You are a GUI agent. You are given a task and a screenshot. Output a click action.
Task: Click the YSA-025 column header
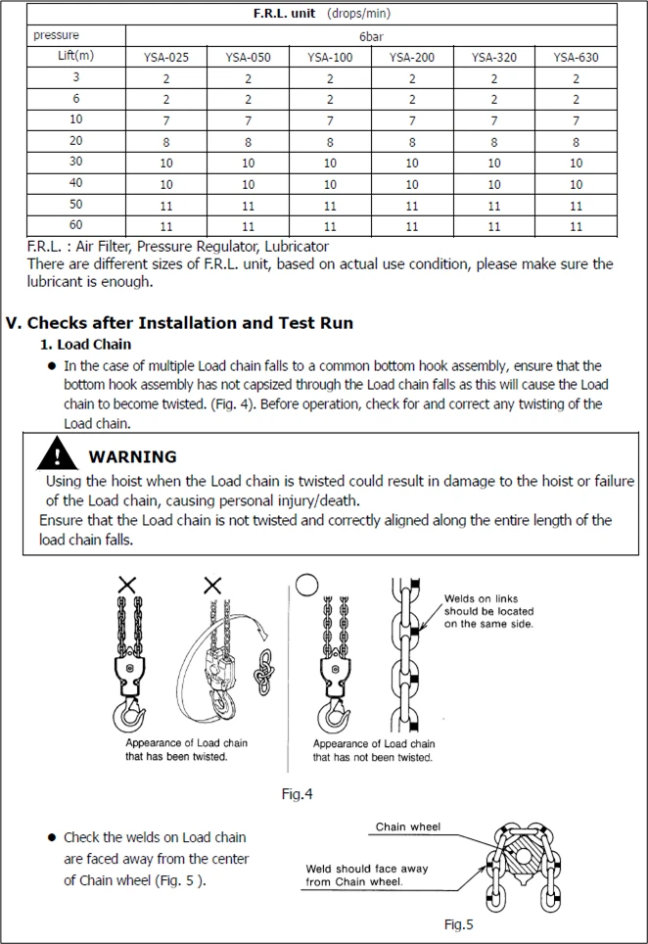(165, 57)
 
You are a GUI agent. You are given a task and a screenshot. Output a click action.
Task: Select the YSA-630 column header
(576, 57)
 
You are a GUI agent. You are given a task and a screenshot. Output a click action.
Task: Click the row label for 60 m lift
(76, 225)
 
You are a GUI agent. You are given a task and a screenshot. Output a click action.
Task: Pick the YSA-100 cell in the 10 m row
(330, 120)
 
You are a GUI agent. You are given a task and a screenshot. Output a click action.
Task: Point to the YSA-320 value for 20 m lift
(493, 142)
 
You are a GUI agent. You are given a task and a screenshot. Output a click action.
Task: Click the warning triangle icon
(61, 455)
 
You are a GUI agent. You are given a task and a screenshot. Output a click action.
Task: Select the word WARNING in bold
(132, 456)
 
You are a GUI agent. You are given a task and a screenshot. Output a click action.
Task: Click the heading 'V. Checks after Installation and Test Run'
(180, 322)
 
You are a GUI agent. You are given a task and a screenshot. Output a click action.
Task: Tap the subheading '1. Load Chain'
(85, 345)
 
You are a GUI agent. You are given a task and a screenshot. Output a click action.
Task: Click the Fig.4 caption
(298, 794)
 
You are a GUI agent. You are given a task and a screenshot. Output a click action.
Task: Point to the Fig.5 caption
(459, 924)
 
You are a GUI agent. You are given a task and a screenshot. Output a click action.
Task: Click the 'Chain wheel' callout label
(408, 827)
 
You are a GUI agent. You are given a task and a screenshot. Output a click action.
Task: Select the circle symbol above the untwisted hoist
(307, 584)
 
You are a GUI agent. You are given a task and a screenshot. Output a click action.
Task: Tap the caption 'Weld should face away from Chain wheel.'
(367, 875)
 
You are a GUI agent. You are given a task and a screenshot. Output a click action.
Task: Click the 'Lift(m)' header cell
(76, 56)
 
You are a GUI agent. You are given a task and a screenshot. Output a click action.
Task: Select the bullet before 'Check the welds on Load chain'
(51, 838)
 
